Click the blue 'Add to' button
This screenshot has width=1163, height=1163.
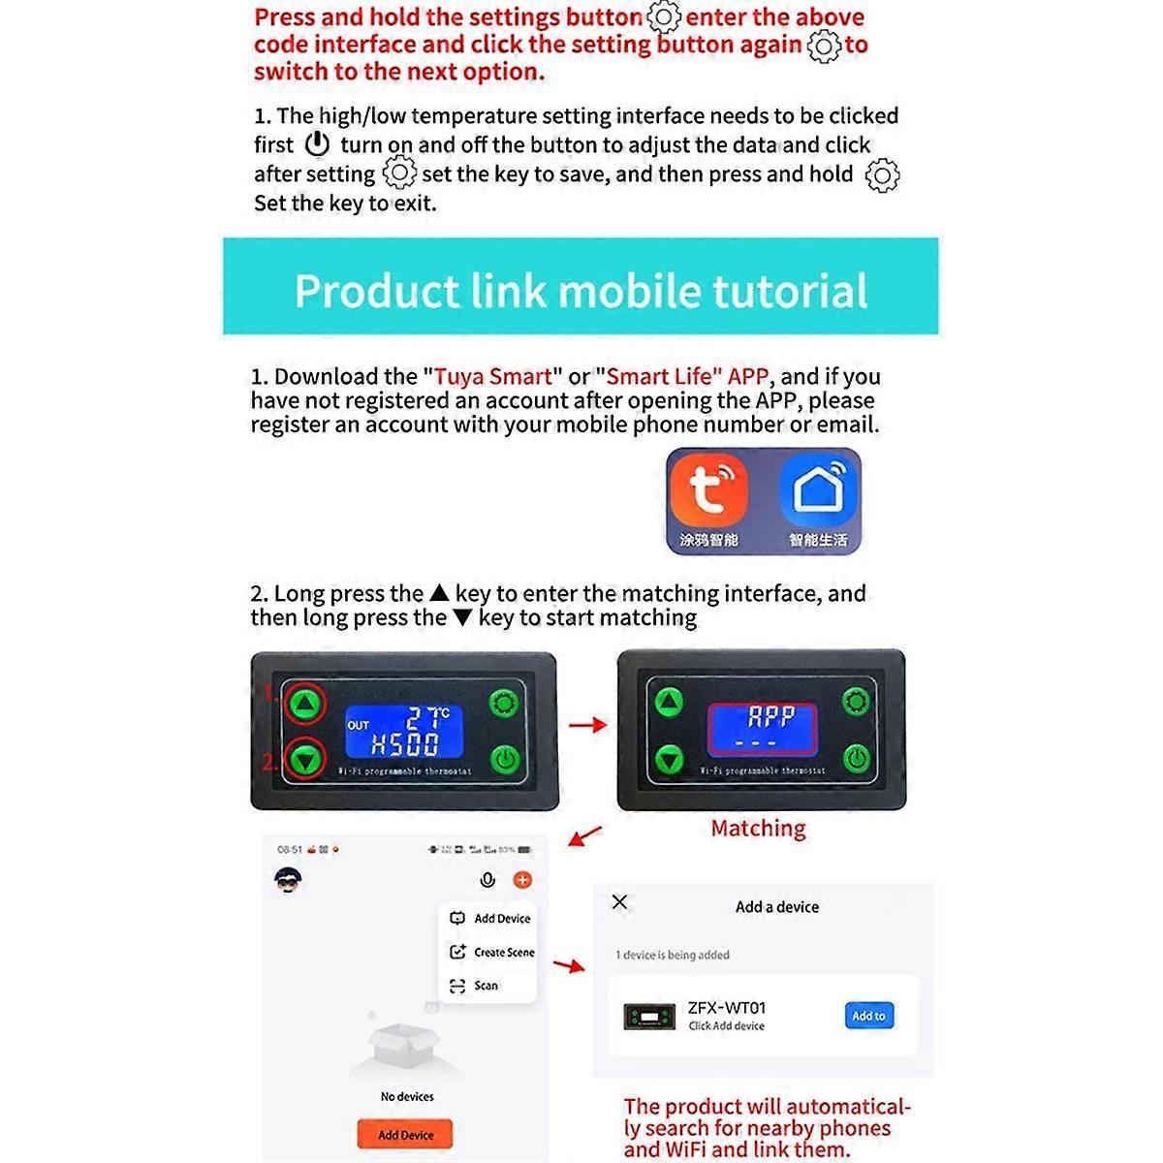click(868, 1016)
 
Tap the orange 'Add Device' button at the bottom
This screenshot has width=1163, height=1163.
click(405, 1134)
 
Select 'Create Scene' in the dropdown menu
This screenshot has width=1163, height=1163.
click(493, 952)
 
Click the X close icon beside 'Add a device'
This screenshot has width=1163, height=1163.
click(620, 902)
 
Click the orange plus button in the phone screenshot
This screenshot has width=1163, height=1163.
click(522, 879)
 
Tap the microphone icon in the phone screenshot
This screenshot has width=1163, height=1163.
click(487, 879)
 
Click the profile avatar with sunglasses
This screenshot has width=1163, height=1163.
click(288, 880)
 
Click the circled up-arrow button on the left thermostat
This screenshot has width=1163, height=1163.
click(306, 703)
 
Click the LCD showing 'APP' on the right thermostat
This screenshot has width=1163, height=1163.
click(763, 728)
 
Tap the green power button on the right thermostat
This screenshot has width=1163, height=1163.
click(856, 759)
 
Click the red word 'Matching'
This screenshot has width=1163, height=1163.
click(758, 829)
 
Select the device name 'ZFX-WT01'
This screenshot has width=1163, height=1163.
click(726, 1008)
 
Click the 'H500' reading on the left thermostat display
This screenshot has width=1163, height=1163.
click(404, 744)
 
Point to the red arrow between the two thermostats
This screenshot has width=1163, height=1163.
click(587, 724)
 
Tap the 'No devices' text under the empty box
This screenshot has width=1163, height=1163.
click(407, 1096)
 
